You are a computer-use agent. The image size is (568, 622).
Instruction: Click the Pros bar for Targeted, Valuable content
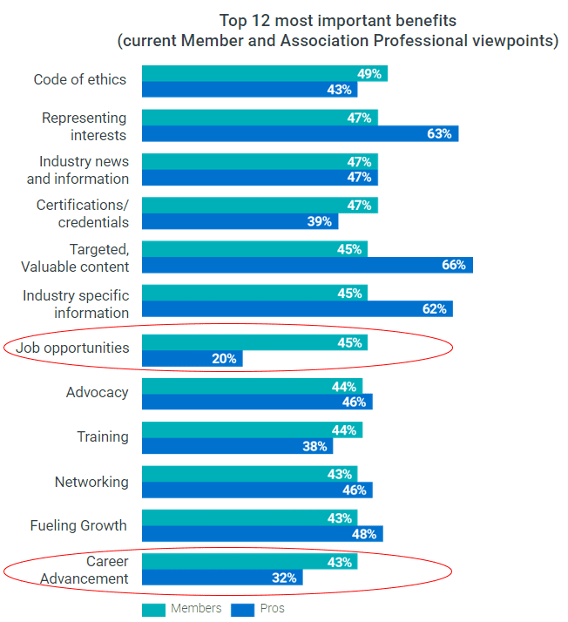tap(307, 265)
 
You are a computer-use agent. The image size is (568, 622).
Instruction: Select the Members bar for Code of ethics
tap(264, 73)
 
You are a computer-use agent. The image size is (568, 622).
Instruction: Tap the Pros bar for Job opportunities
tap(192, 358)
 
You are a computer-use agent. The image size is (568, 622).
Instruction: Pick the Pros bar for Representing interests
tap(300, 133)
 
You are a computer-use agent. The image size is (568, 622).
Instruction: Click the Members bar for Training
tap(252, 429)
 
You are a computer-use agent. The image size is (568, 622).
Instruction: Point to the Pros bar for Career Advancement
tap(223, 577)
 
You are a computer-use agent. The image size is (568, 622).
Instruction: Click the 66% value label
tap(454, 265)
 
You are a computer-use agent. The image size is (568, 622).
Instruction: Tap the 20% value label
tap(224, 358)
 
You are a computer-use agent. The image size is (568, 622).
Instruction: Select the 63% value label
tap(439, 133)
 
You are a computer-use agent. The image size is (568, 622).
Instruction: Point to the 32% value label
tap(287, 577)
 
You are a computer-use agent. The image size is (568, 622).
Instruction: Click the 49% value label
tap(369, 73)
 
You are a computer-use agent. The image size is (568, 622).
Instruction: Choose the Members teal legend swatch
tap(153, 609)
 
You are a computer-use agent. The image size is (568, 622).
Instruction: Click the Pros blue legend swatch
tap(242, 609)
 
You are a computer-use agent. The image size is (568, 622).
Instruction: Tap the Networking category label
tap(91, 482)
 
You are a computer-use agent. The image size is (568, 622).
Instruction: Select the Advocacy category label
tap(97, 392)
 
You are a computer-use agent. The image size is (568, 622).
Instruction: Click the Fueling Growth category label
tap(78, 525)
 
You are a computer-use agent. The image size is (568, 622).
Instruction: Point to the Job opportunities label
tap(72, 348)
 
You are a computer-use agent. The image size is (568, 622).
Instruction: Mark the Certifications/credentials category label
tap(83, 213)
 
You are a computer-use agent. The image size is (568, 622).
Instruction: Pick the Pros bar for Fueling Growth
tap(262, 533)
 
